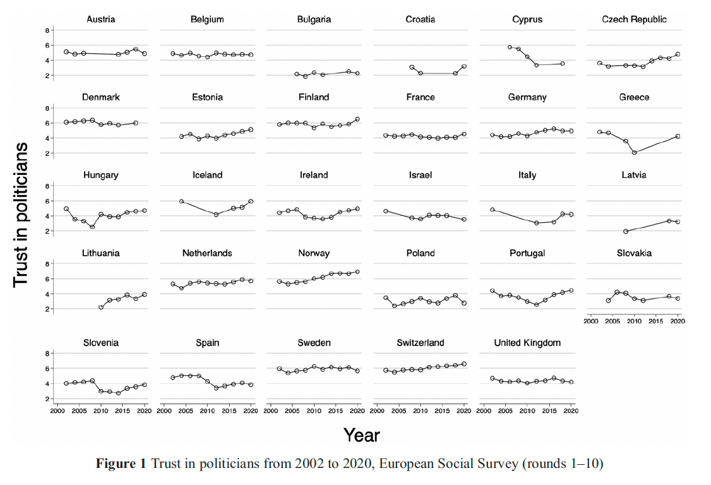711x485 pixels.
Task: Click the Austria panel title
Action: point(100,20)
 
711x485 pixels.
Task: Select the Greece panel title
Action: point(634,97)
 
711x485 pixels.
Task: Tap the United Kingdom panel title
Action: point(527,343)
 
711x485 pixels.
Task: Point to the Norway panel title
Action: point(314,253)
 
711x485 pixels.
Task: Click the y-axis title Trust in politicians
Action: point(21,214)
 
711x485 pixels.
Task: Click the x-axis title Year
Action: point(362,434)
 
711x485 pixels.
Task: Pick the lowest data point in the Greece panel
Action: point(635,152)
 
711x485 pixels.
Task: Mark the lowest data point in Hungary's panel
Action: point(92,227)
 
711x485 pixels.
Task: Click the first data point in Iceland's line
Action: point(181,201)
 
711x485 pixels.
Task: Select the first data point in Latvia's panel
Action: point(626,231)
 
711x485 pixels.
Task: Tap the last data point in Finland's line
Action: point(357,119)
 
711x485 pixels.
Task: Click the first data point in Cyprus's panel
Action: point(510,47)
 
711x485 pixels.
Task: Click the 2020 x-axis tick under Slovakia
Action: point(678,321)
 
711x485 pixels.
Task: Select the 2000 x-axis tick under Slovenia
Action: point(57,410)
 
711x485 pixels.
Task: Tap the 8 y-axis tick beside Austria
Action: point(47,30)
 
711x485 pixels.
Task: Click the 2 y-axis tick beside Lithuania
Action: point(47,309)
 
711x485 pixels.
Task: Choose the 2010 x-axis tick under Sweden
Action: point(314,410)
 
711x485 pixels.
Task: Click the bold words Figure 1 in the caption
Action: point(121,464)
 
